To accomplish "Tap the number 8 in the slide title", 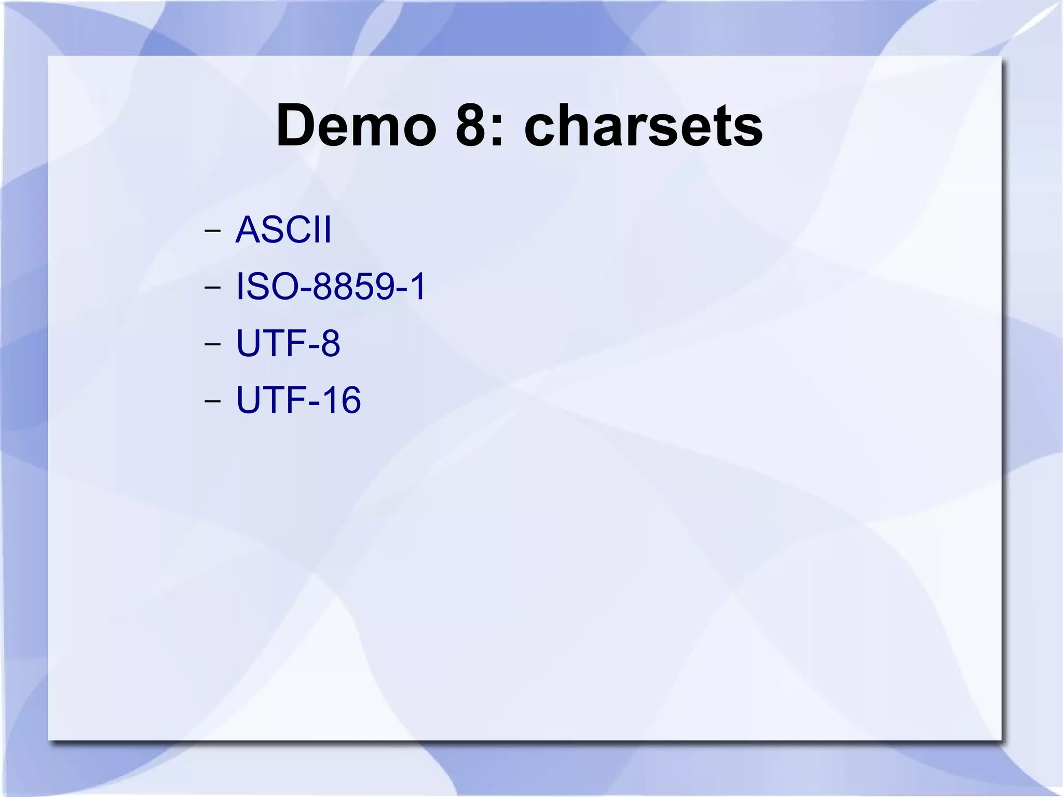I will pos(473,126).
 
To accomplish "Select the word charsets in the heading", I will pos(643,126).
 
